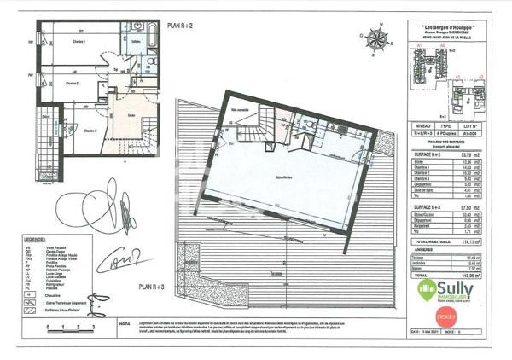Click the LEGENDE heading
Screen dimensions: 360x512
pos(35,241)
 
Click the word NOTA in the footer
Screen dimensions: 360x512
pos(125,325)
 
